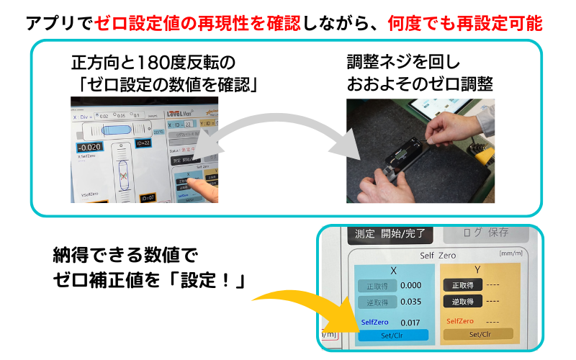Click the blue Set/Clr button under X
(394, 335)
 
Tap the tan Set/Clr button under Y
(479, 334)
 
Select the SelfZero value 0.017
(410, 322)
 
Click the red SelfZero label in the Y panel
(460, 321)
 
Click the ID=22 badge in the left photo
(144, 143)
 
